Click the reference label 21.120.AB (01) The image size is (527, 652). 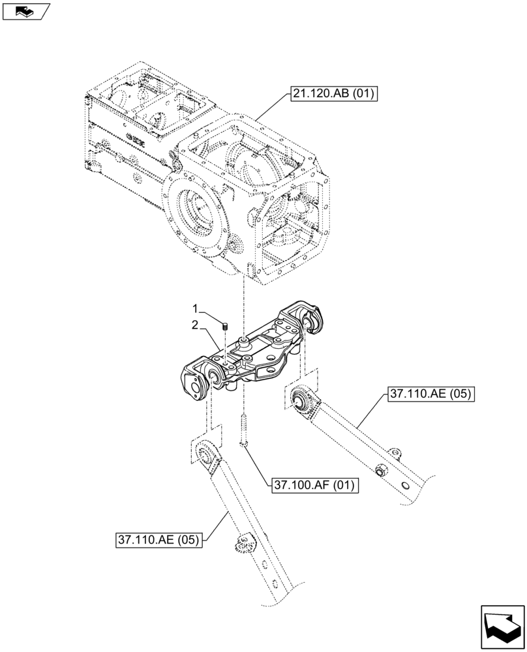click(333, 95)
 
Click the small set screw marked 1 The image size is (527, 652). click(224, 325)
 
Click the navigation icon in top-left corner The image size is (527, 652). click(26, 10)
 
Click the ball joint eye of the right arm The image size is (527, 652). click(302, 400)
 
